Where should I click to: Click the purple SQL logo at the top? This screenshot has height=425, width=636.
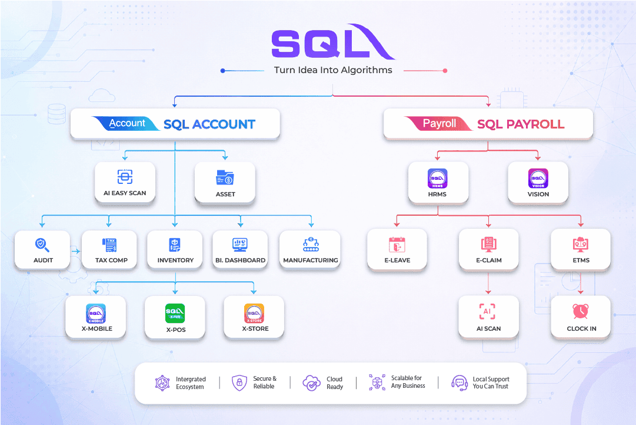coord(332,42)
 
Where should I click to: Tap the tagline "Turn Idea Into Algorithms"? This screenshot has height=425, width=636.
coord(333,70)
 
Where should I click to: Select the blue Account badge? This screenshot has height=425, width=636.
coord(126,123)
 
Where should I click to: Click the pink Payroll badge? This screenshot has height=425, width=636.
coord(438,123)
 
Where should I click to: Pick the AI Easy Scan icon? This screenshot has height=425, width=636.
coord(125,176)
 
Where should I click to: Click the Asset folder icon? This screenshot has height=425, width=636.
coord(225,177)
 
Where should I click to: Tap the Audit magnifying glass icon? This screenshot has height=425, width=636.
coord(42,245)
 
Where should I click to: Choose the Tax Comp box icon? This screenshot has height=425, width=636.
coord(109,245)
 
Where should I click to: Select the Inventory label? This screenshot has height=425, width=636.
coord(175,260)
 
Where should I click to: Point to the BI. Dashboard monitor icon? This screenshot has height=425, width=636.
coord(240,245)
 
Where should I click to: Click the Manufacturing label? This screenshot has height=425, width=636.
coord(310,260)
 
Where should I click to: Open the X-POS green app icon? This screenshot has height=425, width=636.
coord(175,313)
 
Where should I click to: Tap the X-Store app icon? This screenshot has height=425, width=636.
coord(254,313)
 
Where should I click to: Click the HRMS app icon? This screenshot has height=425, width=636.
coord(437,179)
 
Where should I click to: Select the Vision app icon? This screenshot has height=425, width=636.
coord(538,179)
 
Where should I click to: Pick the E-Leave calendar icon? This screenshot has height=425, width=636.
coord(397,245)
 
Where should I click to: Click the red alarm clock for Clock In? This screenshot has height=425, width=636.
coord(581,311)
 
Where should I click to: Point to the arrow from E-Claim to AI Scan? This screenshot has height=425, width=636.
coord(488,283)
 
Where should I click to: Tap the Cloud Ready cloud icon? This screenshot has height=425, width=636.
coord(311,383)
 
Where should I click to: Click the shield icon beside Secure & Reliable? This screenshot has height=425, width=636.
coord(239,383)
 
